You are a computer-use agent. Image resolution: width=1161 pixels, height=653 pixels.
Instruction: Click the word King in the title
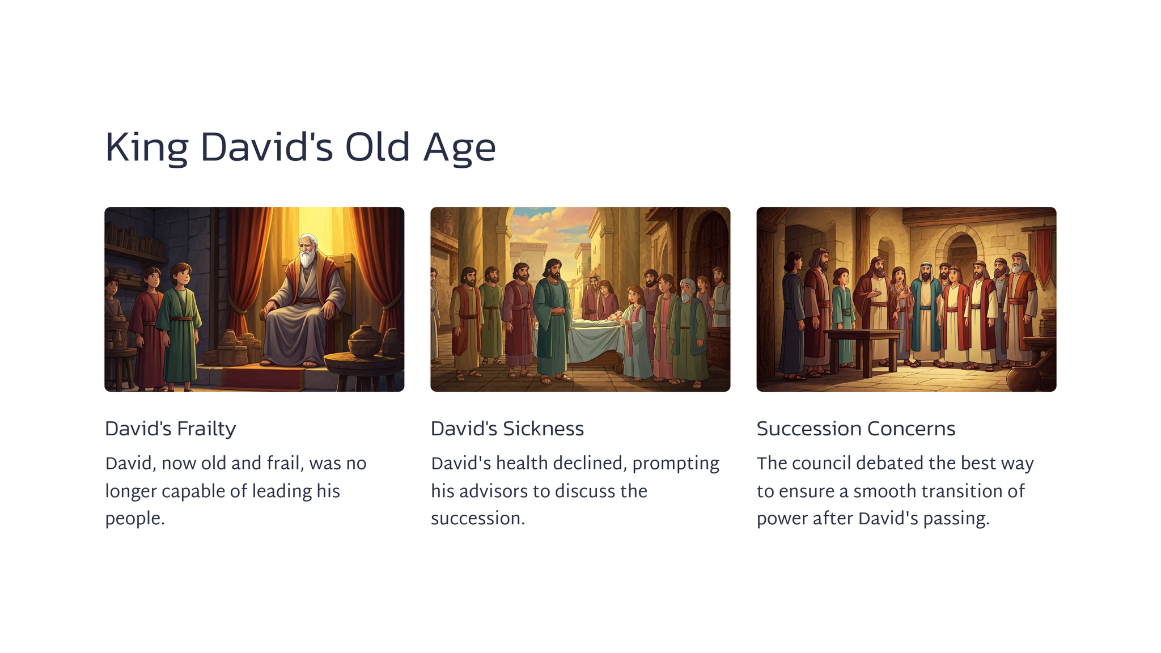(x=146, y=147)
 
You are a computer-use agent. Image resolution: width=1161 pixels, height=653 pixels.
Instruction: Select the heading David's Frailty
(x=170, y=429)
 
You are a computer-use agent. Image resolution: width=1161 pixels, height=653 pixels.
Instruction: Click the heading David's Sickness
(x=507, y=429)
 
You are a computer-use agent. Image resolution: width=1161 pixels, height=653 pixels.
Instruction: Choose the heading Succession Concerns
(x=856, y=429)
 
